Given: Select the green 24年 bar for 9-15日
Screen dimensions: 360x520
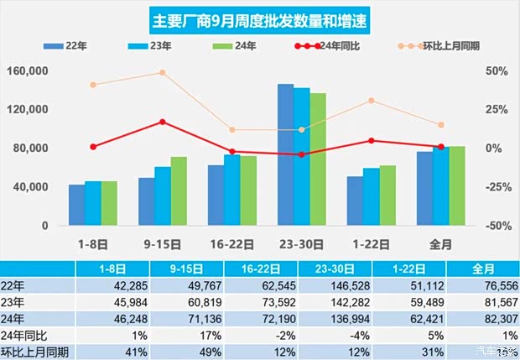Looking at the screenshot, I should point(179,191).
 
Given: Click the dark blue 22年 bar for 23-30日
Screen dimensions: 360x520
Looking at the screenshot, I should point(286,155).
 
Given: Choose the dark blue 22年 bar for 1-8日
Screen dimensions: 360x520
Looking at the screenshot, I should point(77,205).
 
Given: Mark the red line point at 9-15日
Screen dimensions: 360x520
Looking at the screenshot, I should point(164,122).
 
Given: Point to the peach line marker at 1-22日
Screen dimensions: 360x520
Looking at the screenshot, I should point(372,101).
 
